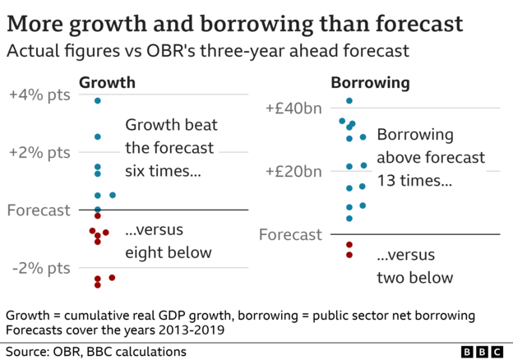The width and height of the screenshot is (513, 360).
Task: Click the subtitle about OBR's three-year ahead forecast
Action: click(208, 51)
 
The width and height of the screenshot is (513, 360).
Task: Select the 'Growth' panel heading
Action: click(107, 83)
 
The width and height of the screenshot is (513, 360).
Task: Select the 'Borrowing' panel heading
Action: click(370, 83)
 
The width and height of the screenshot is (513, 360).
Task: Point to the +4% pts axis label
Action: click(39, 95)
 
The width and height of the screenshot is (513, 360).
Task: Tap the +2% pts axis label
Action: click(39, 152)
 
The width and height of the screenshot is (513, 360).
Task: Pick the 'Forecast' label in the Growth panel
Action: click(39, 210)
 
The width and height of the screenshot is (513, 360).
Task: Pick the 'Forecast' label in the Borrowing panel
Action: click(290, 235)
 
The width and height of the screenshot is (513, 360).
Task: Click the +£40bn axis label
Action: click(294, 108)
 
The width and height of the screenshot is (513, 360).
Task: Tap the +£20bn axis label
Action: click(294, 172)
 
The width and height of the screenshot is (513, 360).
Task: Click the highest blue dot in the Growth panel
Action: click(98, 100)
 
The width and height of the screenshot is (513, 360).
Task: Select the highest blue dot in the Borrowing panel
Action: click(349, 100)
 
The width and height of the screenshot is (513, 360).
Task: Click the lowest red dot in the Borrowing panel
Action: click(349, 255)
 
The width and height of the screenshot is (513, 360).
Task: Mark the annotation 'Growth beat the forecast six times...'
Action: click(170, 148)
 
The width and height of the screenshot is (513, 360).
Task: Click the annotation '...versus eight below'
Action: click(168, 241)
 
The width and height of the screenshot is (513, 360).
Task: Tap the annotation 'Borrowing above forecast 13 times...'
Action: click(430, 157)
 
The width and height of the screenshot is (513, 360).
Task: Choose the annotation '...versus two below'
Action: click(414, 265)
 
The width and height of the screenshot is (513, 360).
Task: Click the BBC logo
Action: click(481, 352)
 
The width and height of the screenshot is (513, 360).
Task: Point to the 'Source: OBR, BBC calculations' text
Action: click(95, 352)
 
